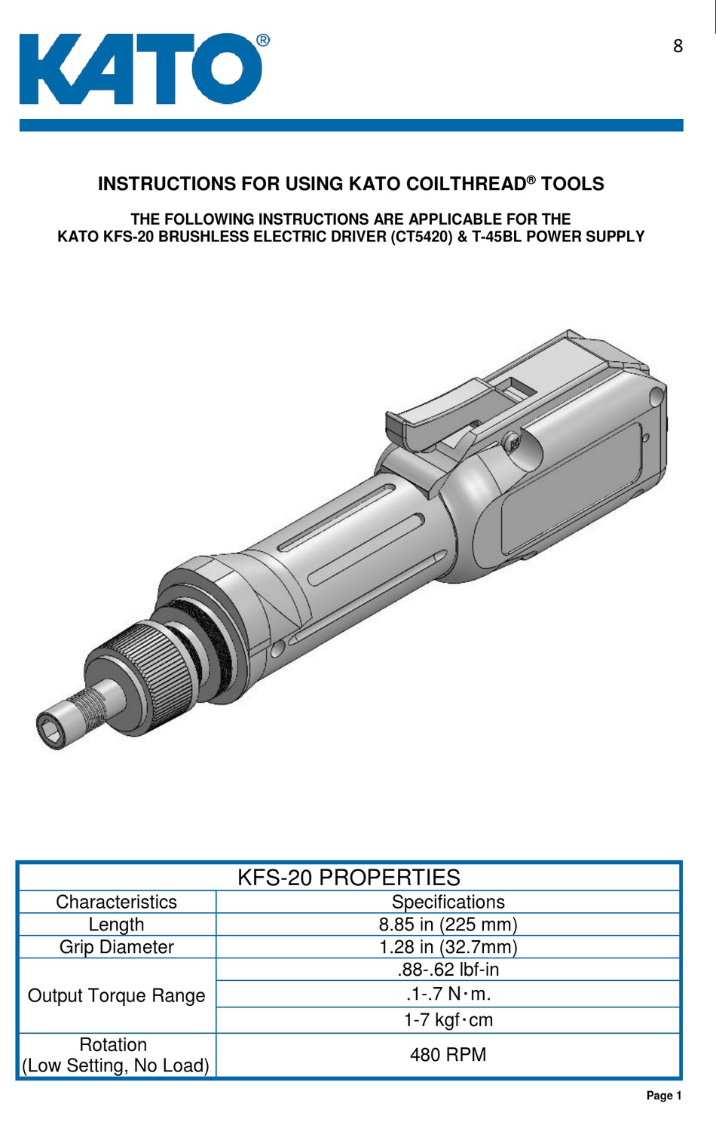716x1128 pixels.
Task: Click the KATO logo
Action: point(140,69)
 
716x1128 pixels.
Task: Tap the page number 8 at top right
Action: point(678,46)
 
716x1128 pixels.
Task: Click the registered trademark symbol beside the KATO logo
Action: point(262,41)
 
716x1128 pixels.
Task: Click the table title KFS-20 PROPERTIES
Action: point(348,878)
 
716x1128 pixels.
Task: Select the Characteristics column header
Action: point(116,902)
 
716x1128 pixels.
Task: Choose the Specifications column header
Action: point(448,902)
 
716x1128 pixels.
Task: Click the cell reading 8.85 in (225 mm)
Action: point(448,924)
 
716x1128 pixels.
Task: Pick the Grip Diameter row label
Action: point(116,947)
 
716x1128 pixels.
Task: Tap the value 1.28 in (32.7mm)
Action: point(448,947)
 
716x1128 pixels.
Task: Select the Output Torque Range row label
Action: point(116,995)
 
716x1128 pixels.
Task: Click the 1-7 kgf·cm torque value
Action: point(448,1020)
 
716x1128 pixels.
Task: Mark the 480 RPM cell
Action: point(448,1055)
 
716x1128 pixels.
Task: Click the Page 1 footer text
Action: point(663,1096)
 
